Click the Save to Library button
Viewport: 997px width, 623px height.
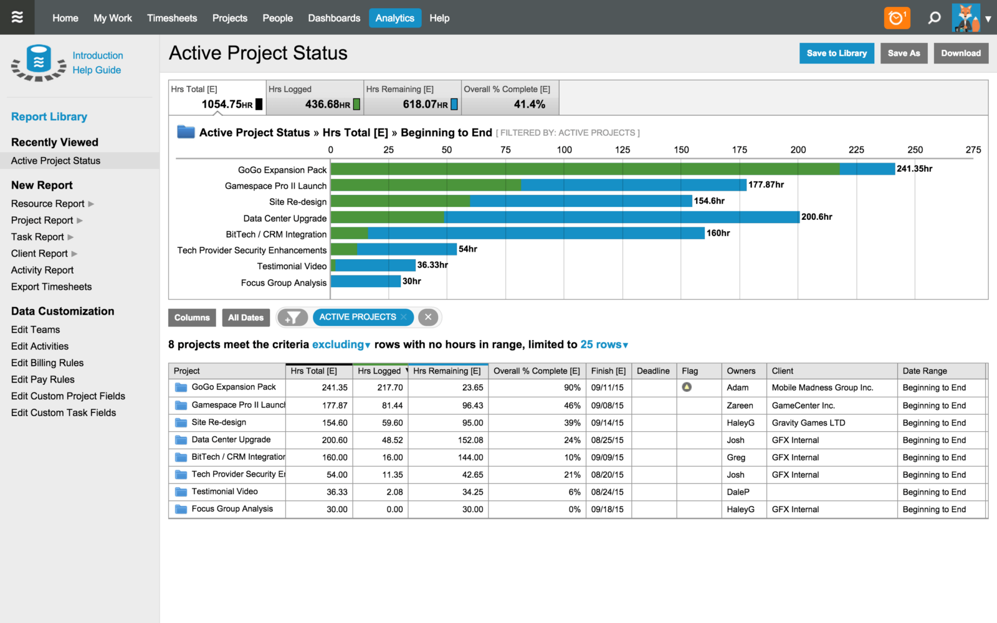836,54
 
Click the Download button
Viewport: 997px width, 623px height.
960,54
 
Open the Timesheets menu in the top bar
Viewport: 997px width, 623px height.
172,18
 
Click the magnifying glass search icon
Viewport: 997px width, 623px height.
934,18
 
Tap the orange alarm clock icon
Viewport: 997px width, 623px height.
897,18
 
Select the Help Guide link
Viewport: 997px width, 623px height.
97,70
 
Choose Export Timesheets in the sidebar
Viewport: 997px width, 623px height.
51,287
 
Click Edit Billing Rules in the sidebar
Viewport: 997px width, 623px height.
47,363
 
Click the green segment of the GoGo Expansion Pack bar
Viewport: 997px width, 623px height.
584,169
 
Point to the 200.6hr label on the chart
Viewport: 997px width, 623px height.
816,217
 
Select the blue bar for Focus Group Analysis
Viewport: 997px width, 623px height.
365,282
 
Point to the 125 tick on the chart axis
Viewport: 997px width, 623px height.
622,150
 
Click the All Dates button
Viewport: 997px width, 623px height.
246,318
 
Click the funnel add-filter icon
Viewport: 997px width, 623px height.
292,318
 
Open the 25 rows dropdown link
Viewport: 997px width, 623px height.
604,345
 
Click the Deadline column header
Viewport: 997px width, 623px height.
653,371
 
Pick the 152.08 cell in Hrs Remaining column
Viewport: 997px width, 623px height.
470,440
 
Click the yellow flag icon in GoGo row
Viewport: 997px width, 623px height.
687,387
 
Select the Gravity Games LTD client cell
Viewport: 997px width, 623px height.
808,422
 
